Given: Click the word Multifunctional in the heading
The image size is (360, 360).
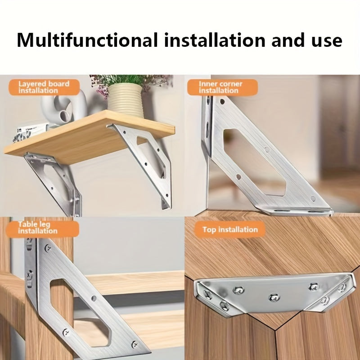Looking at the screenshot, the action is (87, 40).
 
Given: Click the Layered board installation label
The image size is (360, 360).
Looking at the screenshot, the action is (44, 87).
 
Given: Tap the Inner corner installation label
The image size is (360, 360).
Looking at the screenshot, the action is (222, 87).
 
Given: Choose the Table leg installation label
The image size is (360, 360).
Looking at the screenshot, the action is (42, 228).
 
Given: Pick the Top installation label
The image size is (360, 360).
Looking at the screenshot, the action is (230, 229).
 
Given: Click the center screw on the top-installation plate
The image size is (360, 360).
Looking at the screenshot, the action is (274, 297).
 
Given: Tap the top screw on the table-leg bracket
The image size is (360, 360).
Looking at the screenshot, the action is (48, 247).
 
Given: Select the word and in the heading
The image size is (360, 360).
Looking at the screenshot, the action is (288, 40).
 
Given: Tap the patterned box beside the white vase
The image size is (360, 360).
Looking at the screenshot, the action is (30, 133).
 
